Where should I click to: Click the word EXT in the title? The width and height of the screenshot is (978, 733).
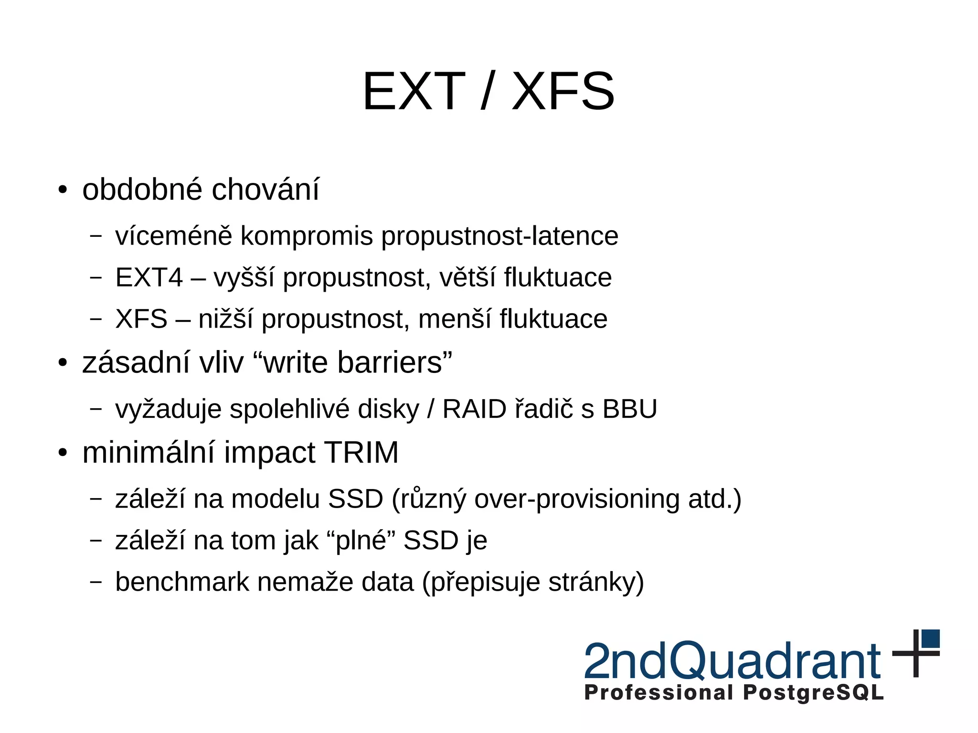(414, 91)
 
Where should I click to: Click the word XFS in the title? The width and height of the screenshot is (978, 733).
(563, 91)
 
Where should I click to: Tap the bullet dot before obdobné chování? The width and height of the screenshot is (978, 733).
(63, 190)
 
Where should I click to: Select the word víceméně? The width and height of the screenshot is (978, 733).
(173, 236)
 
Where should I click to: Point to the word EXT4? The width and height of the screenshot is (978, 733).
(149, 277)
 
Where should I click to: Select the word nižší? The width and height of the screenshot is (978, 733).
(225, 319)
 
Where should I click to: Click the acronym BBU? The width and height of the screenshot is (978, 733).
(629, 409)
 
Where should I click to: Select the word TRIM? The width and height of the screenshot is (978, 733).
(361, 452)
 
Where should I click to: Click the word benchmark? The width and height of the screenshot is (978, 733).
(182, 582)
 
